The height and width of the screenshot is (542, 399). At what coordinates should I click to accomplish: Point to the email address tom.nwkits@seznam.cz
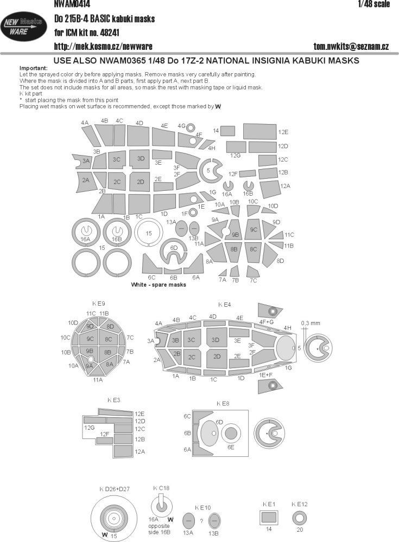pyautogui.click(x=351, y=46)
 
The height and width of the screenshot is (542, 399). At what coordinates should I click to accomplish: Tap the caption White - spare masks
pyautogui.click(x=159, y=285)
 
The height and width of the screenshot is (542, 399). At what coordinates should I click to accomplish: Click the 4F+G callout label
pyautogui.click(x=266, y=321)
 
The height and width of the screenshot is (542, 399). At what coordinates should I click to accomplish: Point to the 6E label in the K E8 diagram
pyautogui.click(x=230, y=447)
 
